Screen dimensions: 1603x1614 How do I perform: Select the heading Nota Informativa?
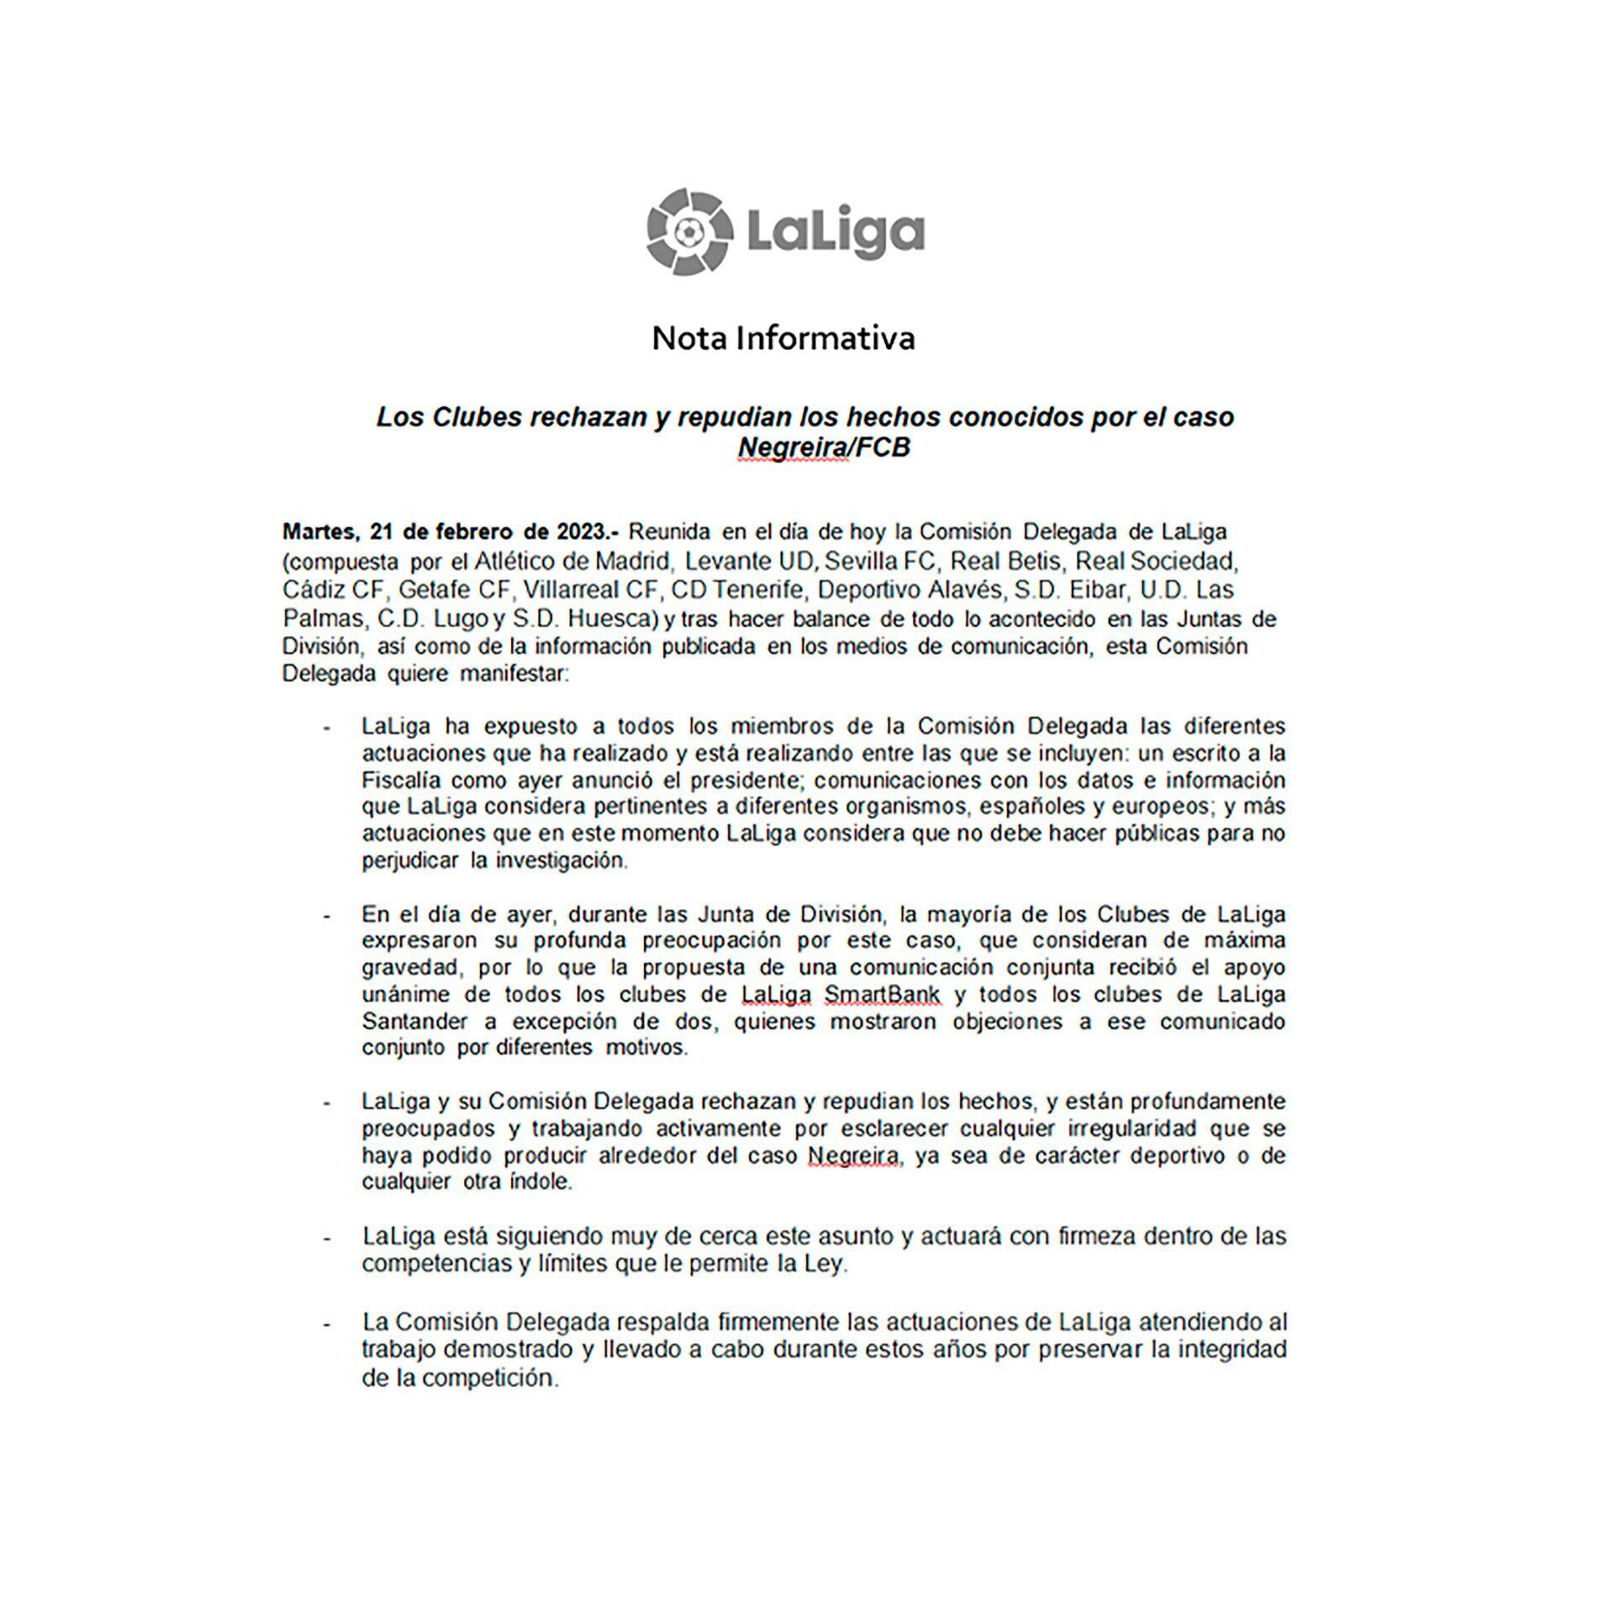(783, 338)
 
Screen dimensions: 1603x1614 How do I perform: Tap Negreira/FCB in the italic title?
(824, 447)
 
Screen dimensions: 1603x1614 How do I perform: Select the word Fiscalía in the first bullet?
(398, 780)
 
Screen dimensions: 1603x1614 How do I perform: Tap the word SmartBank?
(883, 995)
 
